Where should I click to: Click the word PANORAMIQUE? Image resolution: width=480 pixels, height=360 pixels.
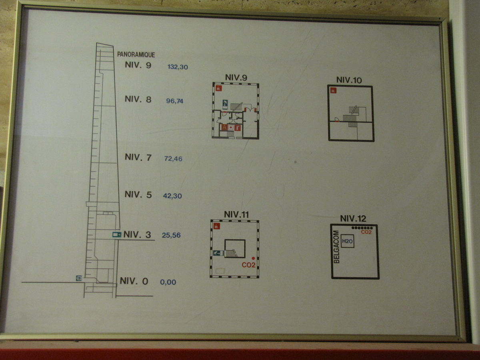[x=136, y=54]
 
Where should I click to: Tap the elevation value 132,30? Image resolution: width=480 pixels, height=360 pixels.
[x=178, y=67]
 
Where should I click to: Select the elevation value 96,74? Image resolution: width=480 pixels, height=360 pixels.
[x=174, y=101]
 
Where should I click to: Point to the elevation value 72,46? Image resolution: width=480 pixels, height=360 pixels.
[x=173, y=159]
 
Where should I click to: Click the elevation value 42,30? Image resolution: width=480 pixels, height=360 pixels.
[x=172, y=196]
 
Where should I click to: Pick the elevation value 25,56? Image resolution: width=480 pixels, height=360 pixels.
[x=171, y=235]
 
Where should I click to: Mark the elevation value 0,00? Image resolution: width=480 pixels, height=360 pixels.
[x=168, y=282]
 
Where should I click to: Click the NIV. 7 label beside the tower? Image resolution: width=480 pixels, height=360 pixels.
[x=138, y=157]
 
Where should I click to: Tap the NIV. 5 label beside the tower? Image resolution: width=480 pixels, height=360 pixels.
[x=138, y=194]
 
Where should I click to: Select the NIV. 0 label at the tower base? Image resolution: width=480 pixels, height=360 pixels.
[x=134, y=281]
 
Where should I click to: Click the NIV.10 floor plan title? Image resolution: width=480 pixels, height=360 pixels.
[x=349, y=80]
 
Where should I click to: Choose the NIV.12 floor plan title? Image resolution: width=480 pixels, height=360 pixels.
[x=353, y=218]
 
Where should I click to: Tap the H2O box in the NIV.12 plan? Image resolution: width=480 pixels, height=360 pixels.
[x=347, y=241]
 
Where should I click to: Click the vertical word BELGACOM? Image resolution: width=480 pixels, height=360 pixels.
[x=336, y=247]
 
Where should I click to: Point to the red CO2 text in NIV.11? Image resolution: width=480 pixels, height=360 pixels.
[x=248, y=265]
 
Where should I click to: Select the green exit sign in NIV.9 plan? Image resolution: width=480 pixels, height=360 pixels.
[x=225, y=104]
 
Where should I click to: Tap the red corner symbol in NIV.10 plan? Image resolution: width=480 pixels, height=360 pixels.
[x=333, y=90]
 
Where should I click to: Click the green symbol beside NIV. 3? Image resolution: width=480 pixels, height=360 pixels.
[x=116, y=235]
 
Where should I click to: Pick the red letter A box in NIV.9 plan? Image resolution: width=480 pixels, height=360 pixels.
[x=224, y=127]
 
